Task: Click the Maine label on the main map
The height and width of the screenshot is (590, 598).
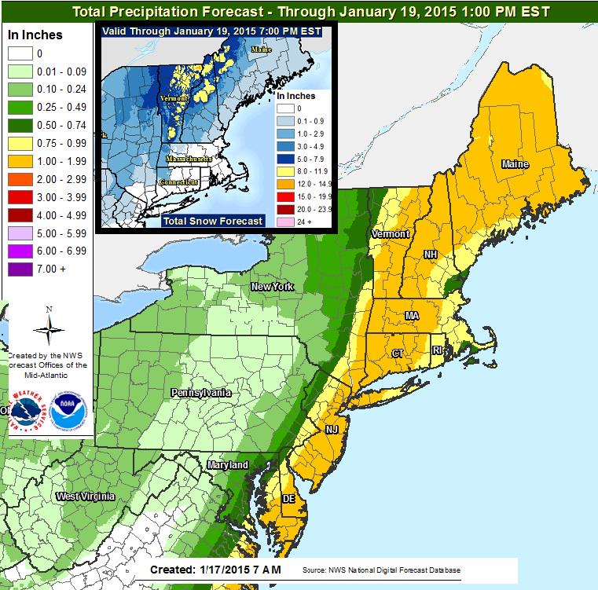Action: coord(515,164)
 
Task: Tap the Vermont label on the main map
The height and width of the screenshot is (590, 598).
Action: coord(391,235)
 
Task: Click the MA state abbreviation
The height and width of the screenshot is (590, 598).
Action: coord(411,315)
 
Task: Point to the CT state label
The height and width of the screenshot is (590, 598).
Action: coord(398,354)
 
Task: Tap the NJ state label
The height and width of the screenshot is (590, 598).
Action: coord(332,431)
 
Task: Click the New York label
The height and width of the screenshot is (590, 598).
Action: coord(272,287)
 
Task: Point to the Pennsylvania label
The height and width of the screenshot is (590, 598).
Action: coord(202,391)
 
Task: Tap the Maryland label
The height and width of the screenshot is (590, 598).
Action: coord(228,466)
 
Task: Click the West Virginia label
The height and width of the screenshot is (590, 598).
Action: coord(85,497)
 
